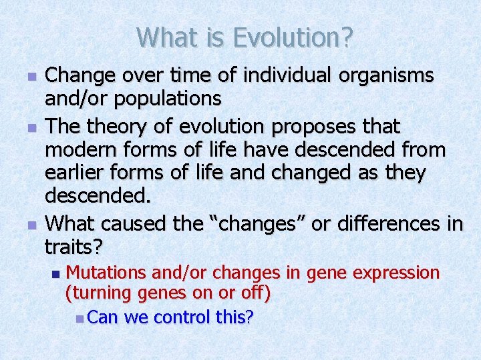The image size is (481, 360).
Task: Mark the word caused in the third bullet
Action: pos(139,223)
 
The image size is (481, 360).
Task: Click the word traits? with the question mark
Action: pos(73,247)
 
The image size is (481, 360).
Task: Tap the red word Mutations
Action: pos(107,273)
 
